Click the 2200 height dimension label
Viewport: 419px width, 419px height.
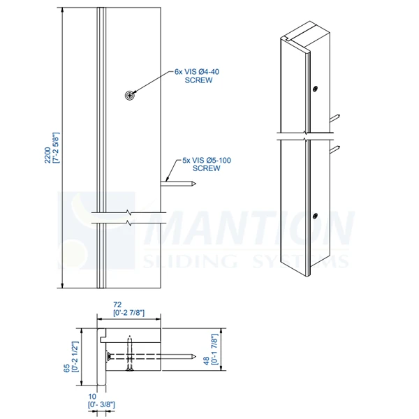pyautogui.click(x=47, y=149)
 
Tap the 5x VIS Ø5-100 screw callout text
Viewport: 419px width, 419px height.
pyautogui.click(x=206, y=164)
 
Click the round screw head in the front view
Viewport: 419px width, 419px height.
pyautogui.click(x=129, y=95)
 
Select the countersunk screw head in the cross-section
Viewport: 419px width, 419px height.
pyautogui.click(x=110, y=358)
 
